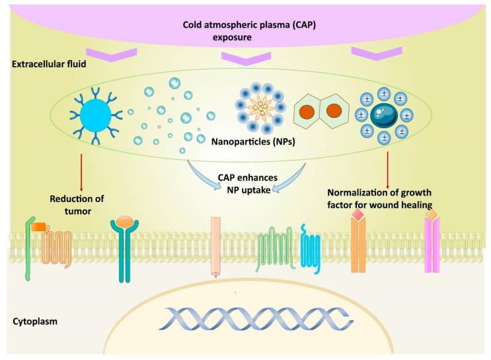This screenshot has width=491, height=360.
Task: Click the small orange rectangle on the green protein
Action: tap(38, 226)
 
